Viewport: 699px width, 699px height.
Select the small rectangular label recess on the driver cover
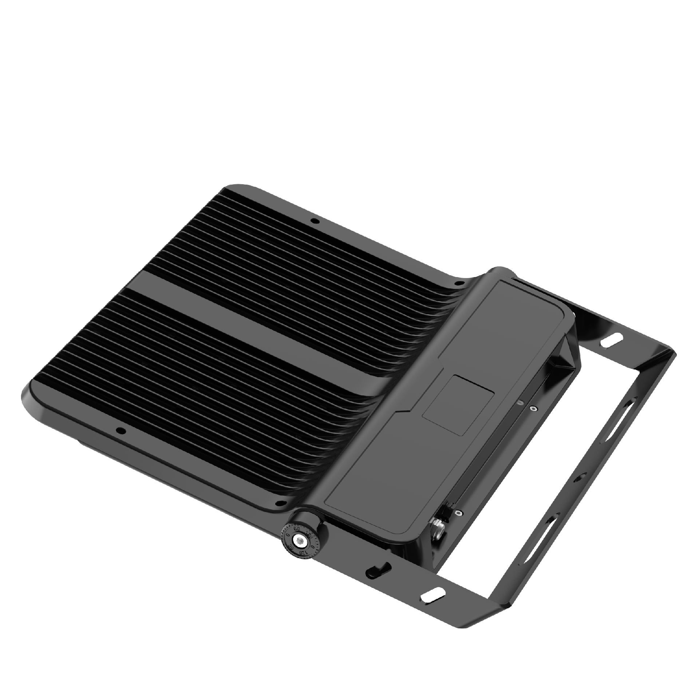pos(458,406)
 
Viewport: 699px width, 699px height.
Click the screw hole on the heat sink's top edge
pos(314,221)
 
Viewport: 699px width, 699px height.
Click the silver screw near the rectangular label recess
pos(533,409)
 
